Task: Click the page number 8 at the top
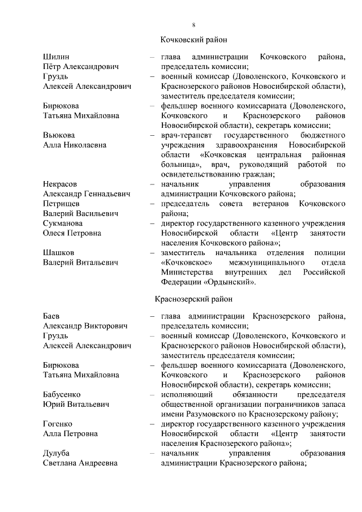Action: pos(193,24)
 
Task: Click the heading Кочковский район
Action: pos(193,40)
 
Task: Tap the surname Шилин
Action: pos(56,57)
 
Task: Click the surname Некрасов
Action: pos(61,184)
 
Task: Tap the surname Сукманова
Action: pos(63,223)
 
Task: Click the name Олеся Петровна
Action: pos(72,233)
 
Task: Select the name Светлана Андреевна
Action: pos(80,463)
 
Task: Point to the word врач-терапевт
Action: pos(185,135)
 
